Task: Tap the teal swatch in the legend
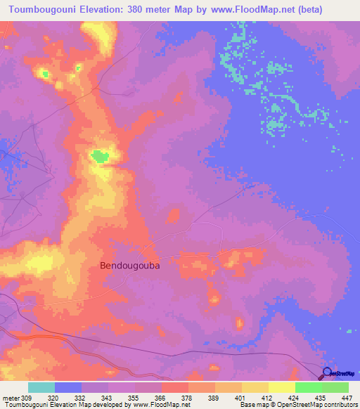tap(41, 387)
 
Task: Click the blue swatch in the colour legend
tap(68, 387)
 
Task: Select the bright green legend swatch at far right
tap(335, 387)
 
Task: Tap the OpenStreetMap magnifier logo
tap(328, 372)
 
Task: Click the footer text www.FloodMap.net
tap(150, 405)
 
